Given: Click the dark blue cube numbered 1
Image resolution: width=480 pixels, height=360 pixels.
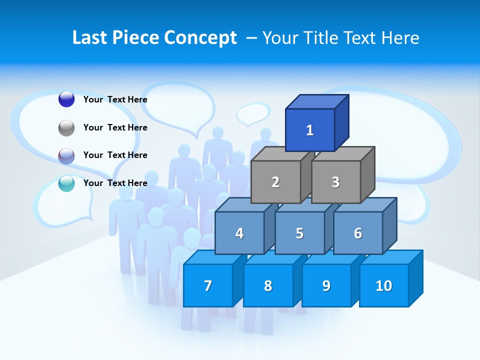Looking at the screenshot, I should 310,130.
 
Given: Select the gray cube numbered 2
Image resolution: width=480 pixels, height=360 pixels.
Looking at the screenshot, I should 275,182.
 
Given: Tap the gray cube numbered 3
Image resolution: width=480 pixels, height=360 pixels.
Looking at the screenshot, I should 335,182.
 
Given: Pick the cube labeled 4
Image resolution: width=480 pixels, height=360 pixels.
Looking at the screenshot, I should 239,233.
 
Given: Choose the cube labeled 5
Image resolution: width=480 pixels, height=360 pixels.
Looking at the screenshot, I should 299,233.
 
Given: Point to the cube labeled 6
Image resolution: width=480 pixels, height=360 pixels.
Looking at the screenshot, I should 358,233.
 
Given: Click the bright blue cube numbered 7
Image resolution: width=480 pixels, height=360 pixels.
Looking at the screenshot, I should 208,285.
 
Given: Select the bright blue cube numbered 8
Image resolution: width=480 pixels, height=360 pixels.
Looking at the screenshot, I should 268,285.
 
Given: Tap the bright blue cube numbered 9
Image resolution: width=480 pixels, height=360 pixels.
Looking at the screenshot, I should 326,285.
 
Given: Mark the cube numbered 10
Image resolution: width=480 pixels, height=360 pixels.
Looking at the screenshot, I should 383,285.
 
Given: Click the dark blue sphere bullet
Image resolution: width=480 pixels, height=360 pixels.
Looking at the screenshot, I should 66,99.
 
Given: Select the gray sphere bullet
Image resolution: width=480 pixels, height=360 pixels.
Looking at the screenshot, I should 66,127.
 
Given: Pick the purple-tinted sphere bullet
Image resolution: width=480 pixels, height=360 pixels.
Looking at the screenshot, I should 66,155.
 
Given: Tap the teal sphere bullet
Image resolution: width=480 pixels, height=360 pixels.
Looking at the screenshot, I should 66,183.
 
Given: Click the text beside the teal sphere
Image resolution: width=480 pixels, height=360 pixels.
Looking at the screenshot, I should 115,183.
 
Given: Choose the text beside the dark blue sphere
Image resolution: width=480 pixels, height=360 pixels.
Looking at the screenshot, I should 115,99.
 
